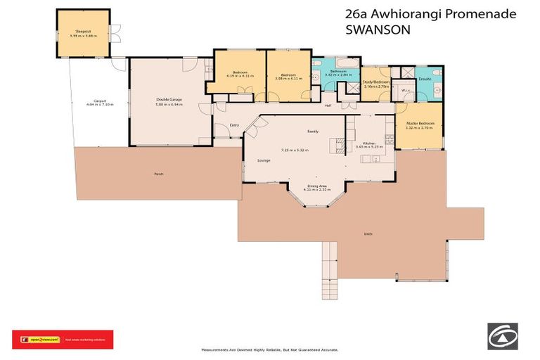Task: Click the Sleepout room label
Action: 83,31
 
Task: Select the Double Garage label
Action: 169,100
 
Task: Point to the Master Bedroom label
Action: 420,123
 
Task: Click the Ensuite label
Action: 425,79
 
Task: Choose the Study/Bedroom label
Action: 375,82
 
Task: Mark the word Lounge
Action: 264,161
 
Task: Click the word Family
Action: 313,131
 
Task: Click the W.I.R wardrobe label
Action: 405,91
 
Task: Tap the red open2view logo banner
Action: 63,339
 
